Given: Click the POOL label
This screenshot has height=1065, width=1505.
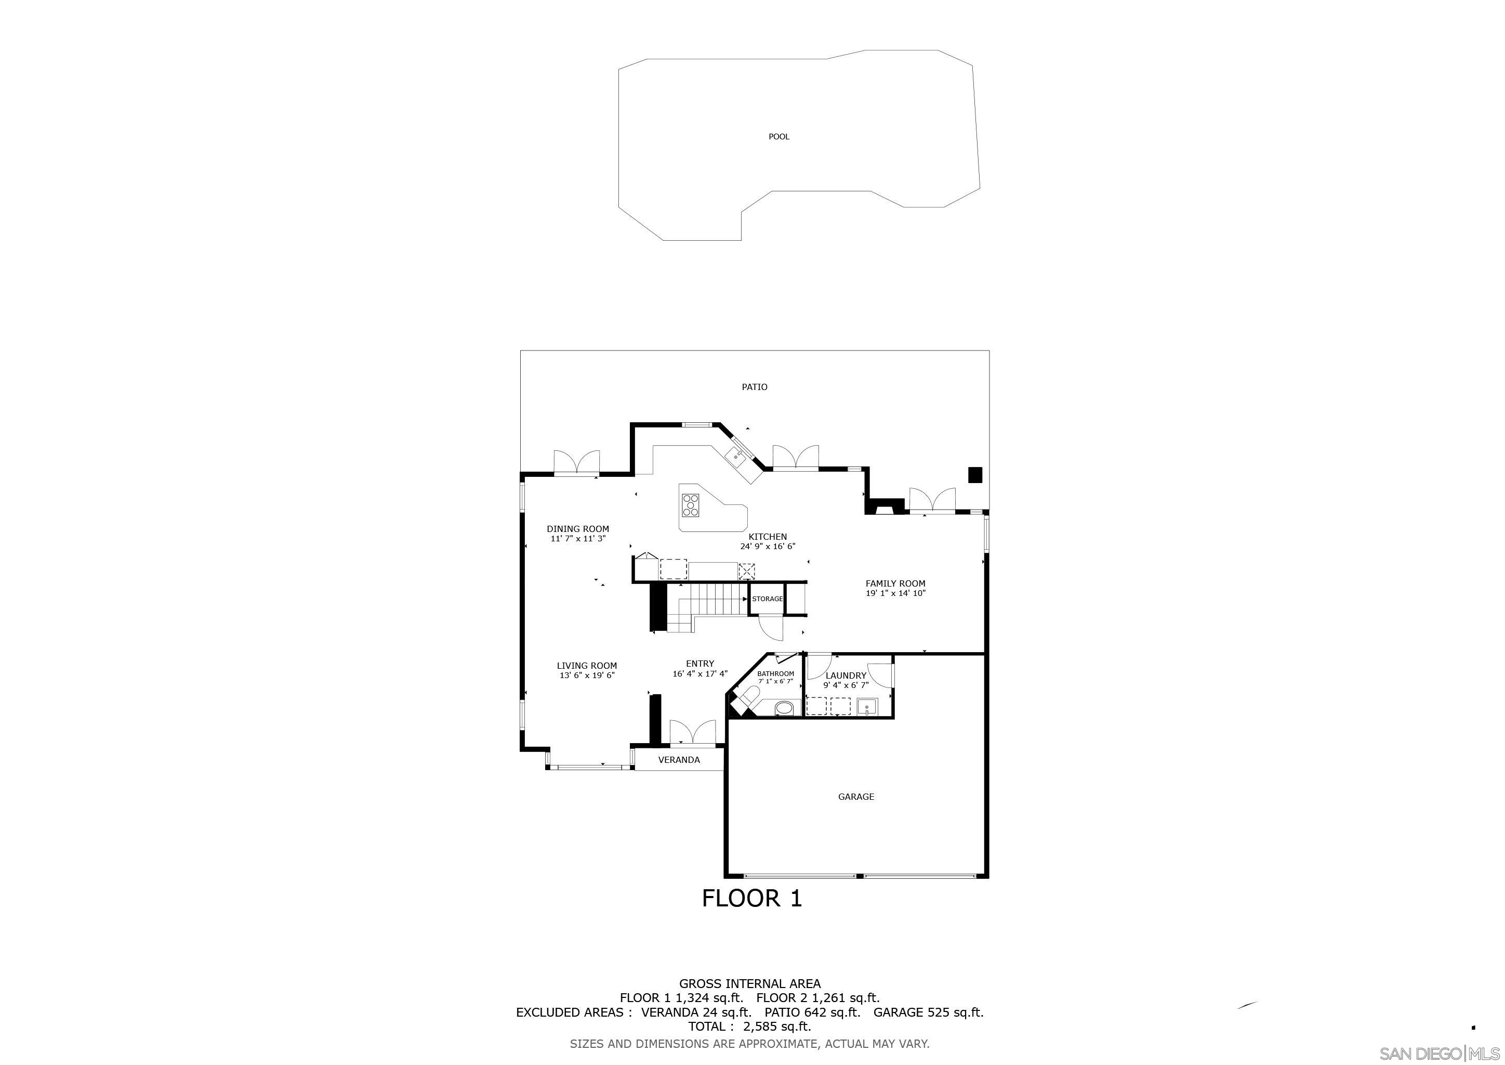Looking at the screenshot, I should [x=778, y=136].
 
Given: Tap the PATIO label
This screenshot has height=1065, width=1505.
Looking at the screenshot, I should [x=755, y=387].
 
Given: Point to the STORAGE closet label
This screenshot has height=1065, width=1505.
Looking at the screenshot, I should [x=767, y=599].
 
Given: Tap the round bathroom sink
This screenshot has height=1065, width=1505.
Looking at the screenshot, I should [x=783, y=708].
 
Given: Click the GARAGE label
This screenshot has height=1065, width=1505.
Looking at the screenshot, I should [x=856, y=797].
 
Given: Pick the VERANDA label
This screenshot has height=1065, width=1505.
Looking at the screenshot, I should [x=679, y=760].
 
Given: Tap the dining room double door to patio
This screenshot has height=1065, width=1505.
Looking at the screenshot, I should [x=118, y=462].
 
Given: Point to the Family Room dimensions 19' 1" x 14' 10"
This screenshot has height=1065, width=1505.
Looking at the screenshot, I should [x=895, y=593].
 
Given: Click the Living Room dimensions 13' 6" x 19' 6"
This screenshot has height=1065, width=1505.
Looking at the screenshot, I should [x=587, y=676].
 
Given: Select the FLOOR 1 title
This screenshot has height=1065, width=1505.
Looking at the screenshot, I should [x=752, y=899].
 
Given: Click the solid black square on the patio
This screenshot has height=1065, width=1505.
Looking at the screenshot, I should [x=975, y=475].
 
